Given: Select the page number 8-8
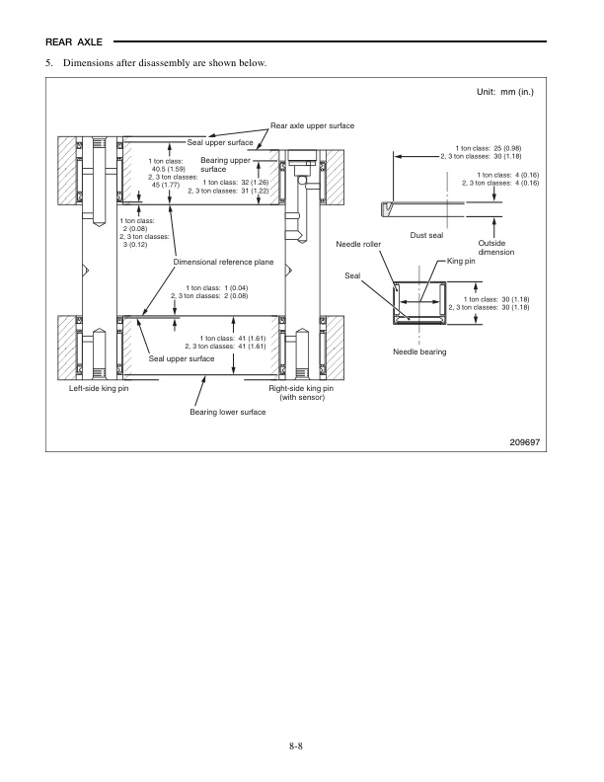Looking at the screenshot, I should tap(301, 744).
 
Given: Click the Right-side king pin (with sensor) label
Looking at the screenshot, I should tap(302, 393).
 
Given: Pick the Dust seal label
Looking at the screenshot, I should tap(426, 235).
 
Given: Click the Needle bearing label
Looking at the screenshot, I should tap(419, 352).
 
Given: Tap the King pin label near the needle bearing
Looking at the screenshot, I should tap(461, 261).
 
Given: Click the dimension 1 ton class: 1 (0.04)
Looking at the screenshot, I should tap(214, 286).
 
